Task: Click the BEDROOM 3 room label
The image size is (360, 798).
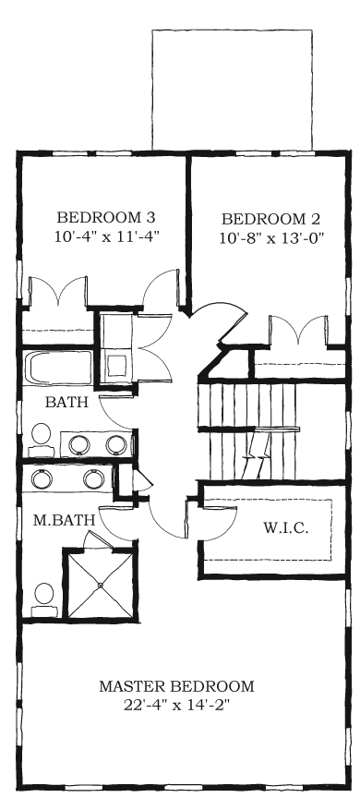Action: [x=106, y=218]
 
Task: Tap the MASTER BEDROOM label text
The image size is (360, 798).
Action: [x=176, y=686]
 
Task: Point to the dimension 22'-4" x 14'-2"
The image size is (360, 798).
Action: [x=176, y=705]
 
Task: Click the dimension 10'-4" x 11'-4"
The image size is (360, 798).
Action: [x=107, y=236]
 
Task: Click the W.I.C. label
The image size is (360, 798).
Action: [x=285, y=529]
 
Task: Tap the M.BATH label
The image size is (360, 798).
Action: [x=66, y=520]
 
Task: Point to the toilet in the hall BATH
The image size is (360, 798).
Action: [x=41, y=437]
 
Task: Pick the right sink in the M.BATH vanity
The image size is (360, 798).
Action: [x=92, y=479]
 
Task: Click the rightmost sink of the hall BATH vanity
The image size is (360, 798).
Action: [x=116, y=444]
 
